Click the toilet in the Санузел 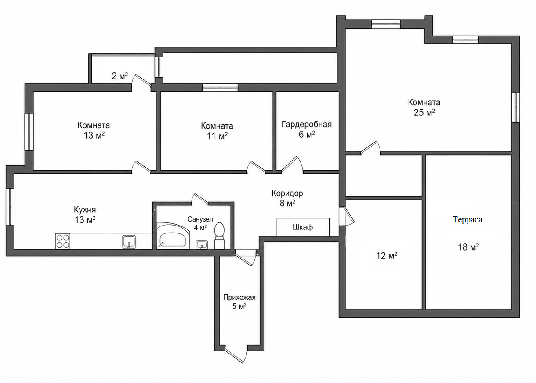(219, 236)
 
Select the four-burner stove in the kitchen (63, 241)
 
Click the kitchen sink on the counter (129, 242)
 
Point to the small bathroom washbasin (202, 245)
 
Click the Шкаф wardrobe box (303, 227)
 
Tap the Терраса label (467, 219)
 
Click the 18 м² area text (468, 247)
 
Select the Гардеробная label (307, 125)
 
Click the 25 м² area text (424, 113)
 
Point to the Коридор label (287, 193)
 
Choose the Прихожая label (239, 297)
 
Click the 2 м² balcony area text (120, 76)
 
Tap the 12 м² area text (387, 256)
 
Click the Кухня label (85, 210)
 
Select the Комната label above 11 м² (217, 125)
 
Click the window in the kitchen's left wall (10, 207)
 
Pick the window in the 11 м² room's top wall (220, 87)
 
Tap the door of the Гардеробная (293, 165)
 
